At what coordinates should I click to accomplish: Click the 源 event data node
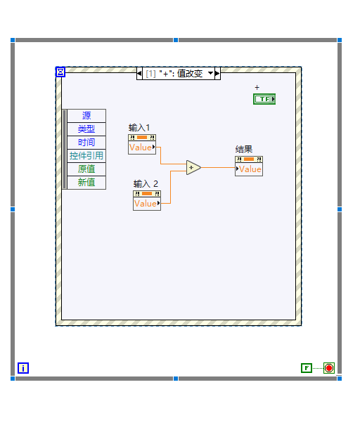coord(86,116)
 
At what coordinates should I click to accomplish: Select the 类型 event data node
coord(86,129)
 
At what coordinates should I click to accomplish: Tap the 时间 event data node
coord(86,143)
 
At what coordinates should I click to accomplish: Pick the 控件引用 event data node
coord(86,156)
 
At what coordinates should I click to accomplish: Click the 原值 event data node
coord(86,169)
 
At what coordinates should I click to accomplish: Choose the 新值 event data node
coord(86,183)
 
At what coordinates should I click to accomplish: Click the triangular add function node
coord(193,167)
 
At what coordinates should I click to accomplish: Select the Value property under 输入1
coord(142,148)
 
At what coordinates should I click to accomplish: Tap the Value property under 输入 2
coord(147,204)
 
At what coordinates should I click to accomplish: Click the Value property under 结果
coord(249,169)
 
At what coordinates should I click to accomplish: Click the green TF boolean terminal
coord(264,99)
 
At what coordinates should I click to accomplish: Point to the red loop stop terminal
coord(329,368)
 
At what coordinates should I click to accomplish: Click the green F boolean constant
coord(307,368)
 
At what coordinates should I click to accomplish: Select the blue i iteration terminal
coord(23,368)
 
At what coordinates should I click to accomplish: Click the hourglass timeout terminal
coord(60,72)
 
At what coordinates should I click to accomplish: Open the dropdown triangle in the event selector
coord(211,73)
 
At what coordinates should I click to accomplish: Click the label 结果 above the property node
coord(244,149)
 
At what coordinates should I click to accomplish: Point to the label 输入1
coord(139,128)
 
